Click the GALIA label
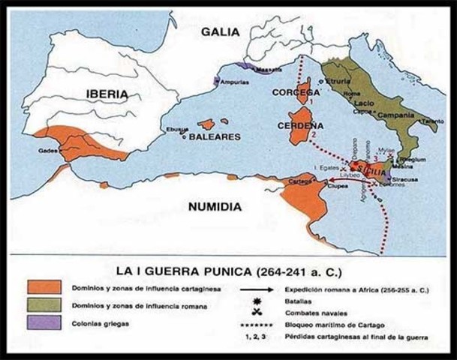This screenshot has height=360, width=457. [x=220, y=31]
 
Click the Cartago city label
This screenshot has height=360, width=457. [x=299, y=182]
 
